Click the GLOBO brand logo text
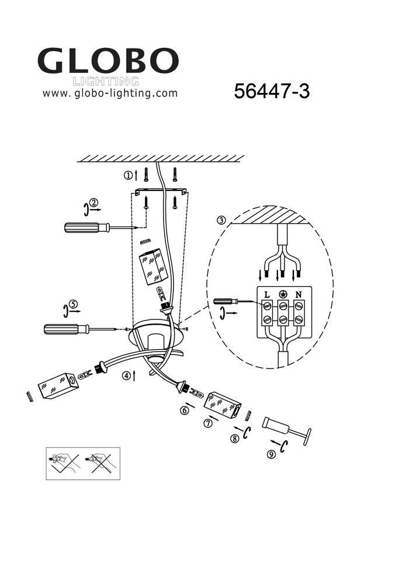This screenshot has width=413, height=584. click(108, 61)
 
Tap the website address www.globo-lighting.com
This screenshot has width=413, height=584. click(110, 93)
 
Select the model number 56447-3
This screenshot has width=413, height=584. click(272, 91)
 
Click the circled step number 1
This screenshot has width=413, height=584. click(128, 175)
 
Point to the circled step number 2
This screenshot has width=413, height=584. click(93, 203)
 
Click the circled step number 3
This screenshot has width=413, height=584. click(221, 220)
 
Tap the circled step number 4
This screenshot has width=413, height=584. click(127, 376)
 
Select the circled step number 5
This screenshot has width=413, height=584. click(74, 304)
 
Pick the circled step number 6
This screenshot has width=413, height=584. click(185, 411)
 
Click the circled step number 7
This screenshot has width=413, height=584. click(208, 423)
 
